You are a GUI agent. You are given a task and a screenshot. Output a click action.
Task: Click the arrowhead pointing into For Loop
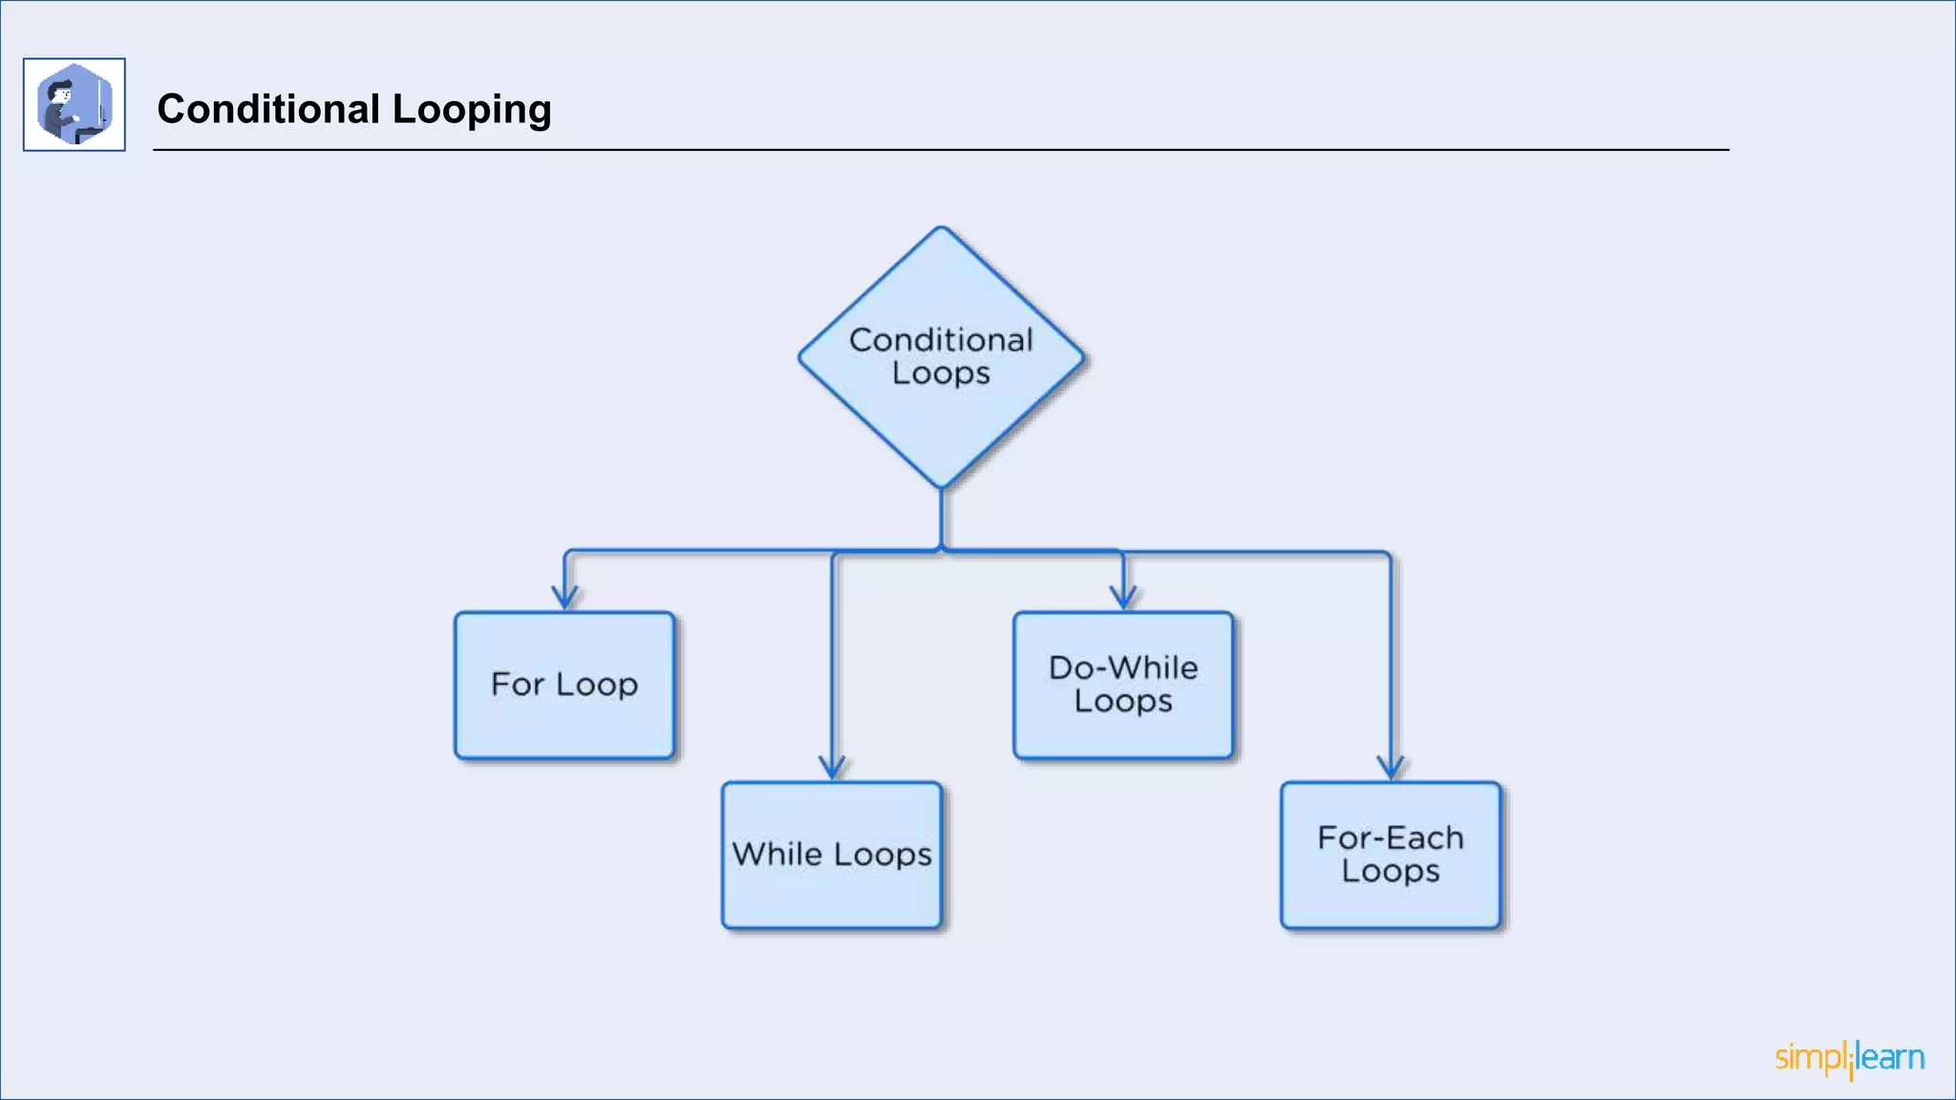tap(565, 599)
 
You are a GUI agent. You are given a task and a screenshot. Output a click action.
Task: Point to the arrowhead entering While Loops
tap(833, 768)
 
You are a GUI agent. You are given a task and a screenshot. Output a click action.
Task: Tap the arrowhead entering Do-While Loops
tap(1124, 599)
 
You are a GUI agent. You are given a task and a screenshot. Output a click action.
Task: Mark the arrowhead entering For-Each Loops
tap(1391, 768)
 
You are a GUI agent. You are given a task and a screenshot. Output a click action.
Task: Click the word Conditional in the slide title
tap(268, 109)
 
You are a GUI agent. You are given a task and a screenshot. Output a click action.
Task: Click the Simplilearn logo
tap(1850, 1058)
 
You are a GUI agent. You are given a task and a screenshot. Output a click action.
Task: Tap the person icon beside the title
tap(74, 104)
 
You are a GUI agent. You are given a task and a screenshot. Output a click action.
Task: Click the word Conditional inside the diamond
tap(941, 340)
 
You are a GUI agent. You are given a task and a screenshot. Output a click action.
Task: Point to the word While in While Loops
tap(776, 854)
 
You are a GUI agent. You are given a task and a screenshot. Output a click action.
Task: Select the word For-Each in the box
tap(1391, 837)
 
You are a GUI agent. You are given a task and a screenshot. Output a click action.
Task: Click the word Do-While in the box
tap(1123, 667)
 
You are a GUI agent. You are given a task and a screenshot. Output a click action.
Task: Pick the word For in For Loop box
tap(517, 684)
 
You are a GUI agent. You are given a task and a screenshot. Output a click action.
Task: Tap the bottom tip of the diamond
tap(942, 485)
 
